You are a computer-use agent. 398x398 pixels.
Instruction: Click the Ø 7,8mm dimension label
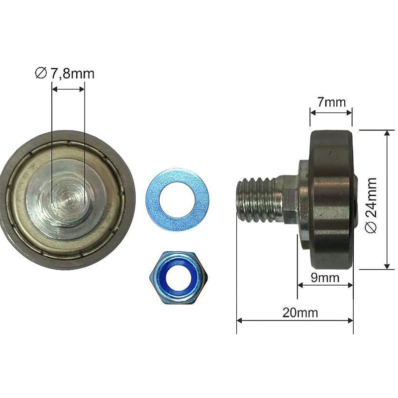65,73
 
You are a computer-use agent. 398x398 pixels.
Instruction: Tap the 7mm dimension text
331,102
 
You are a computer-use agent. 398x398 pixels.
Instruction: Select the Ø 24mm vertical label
371,205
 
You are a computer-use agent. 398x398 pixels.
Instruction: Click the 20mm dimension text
300,313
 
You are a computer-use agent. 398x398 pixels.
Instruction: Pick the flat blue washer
178,199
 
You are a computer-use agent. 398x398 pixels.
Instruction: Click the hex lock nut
179,278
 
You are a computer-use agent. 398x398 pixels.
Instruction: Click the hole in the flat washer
178,200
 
